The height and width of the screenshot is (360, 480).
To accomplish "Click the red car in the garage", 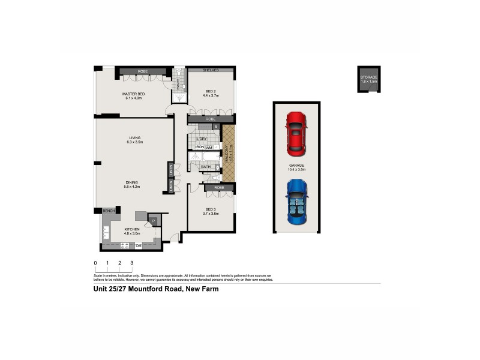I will (296, 134).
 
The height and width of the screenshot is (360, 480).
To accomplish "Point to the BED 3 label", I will (211, 209).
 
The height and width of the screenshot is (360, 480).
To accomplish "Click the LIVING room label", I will (134, 138).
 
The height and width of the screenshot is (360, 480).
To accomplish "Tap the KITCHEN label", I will (132, 229).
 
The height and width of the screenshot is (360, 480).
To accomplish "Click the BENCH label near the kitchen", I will (109, 211).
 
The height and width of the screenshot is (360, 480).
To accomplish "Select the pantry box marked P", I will (153, 221).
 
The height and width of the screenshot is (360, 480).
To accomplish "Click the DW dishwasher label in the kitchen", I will (138, 245).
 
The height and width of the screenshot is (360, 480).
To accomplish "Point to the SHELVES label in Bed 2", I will (211, 70).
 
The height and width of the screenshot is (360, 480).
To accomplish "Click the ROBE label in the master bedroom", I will (143, 71).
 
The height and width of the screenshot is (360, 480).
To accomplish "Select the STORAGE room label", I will (368, 78).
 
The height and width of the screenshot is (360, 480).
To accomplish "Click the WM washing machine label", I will (209, 147).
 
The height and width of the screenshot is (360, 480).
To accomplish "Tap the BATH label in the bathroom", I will (206, 167).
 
